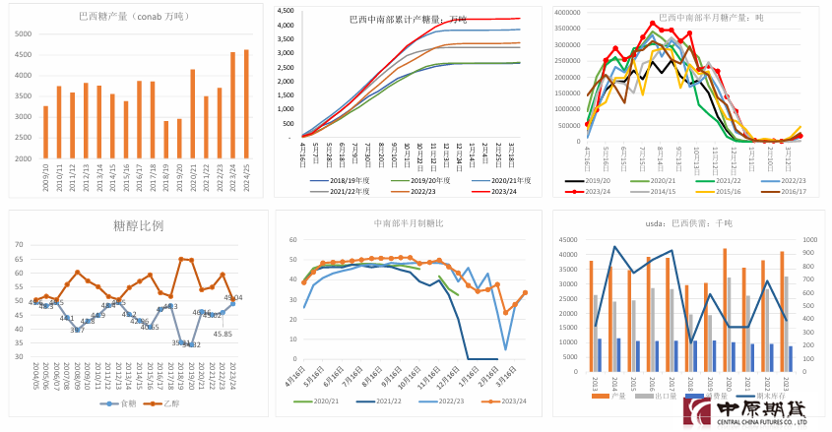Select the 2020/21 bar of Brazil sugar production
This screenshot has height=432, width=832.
[x=192, y=113]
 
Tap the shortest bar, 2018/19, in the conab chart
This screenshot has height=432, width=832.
[x=165, y=139]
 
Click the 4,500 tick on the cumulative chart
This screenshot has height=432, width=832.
[x=286, y=11]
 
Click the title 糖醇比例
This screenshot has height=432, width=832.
[x=137, y=224]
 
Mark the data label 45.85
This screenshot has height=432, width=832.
[x=223, y=334]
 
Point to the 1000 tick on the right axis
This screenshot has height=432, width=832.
[x=805, y=239]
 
